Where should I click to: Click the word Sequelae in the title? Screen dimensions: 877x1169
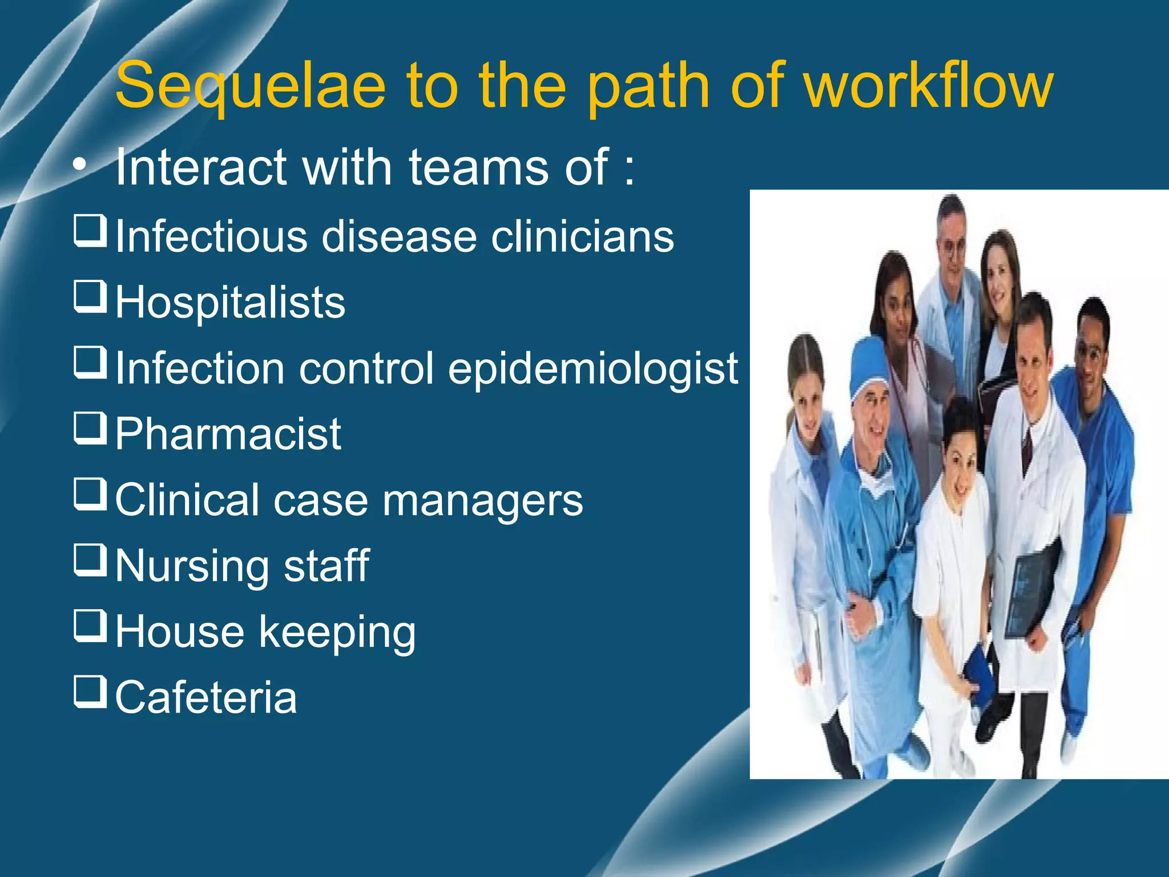click(x=250, y=87)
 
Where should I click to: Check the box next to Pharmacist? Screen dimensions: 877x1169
click(x=90, y=428)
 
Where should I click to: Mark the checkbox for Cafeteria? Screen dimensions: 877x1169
click(x=90, y=691)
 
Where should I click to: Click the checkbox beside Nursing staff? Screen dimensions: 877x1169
click(x=90, y=560)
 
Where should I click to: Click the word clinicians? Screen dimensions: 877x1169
click(x=582, y=237)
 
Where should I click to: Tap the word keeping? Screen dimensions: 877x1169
click(x=337, y=633)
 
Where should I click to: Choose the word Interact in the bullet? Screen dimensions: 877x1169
click(x=200, y=167)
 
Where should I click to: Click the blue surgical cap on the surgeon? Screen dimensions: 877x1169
click(x=869, y=365)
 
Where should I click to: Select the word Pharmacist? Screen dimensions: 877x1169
click(x=228, y=435)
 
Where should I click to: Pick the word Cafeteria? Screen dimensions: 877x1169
click(x=206, y=698)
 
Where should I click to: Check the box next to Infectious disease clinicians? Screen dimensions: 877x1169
click(x=90, y=231)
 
